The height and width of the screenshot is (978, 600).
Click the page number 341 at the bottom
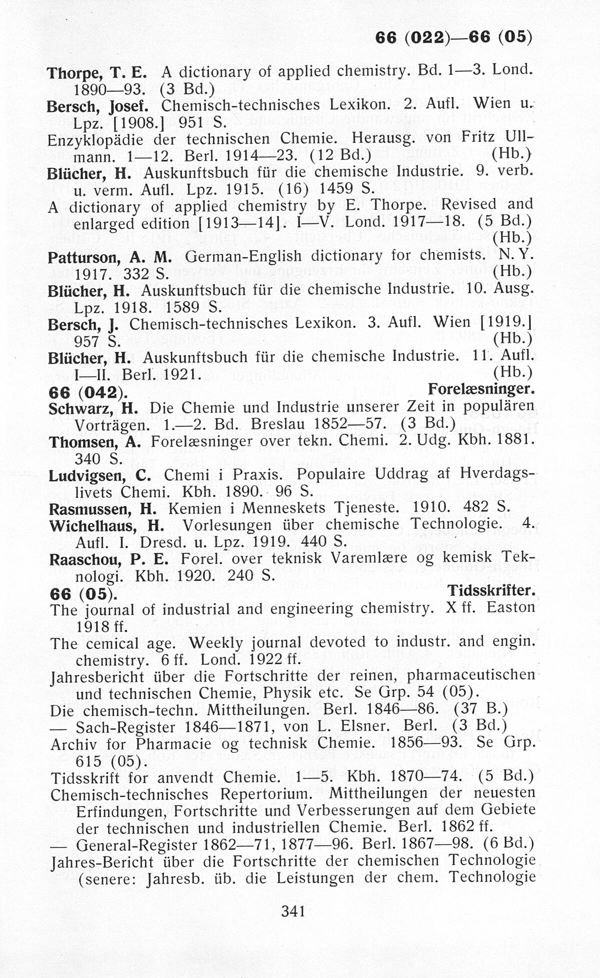click(x=293, y=911)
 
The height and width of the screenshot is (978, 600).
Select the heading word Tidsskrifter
click(x=491, y=591)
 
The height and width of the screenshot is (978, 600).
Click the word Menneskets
click(x=279, y=509)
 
